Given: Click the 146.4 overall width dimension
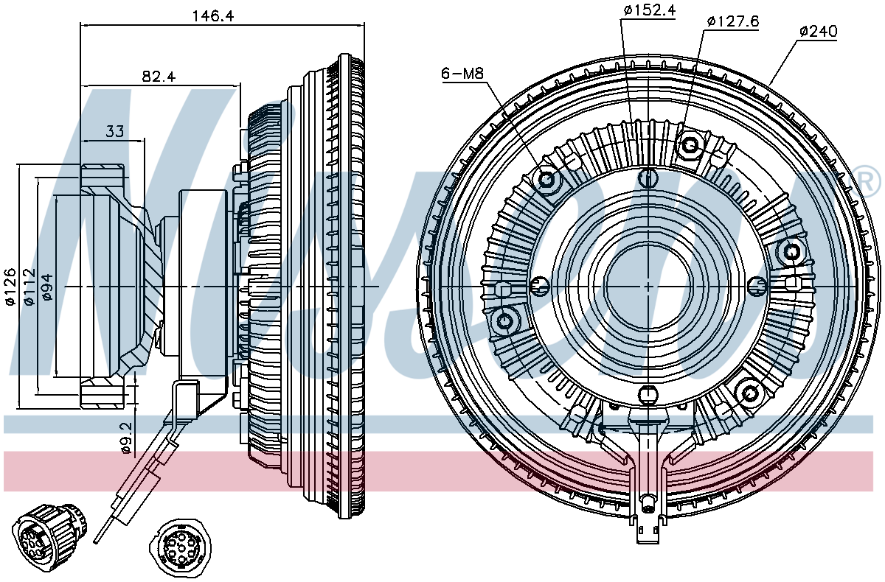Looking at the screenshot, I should coord(212,15).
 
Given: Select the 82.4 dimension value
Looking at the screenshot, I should coord(159,76).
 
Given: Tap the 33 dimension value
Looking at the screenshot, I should coord(114,131).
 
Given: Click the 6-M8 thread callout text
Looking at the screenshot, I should coord(462,73).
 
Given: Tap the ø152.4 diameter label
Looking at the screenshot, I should coord(649,10).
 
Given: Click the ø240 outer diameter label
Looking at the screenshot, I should coord(818,32).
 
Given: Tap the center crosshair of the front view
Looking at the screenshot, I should coord(648,285).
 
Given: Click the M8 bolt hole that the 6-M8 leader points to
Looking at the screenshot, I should coord(547,180).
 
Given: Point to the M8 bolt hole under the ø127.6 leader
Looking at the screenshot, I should coord(690,144).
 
